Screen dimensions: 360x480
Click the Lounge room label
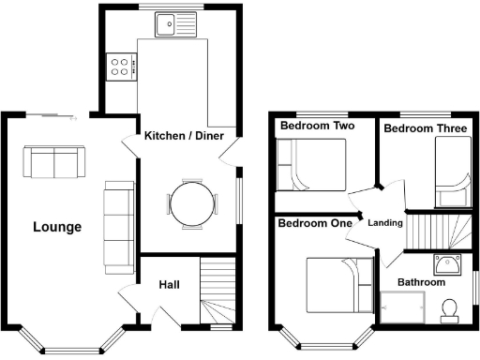coord(57,227)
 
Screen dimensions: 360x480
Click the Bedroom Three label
coord(426,128)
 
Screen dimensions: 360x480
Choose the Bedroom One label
coord(315,223)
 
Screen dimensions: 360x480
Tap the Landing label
coord(385,223)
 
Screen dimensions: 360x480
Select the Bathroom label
coord(421,281)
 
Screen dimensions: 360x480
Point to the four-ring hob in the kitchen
coord(122,66)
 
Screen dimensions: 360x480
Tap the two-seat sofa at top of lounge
coord(53,162)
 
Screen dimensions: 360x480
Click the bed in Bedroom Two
coord(312,164)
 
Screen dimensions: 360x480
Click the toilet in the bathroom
coord(449,307)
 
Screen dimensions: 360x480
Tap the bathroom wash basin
coord(445,262)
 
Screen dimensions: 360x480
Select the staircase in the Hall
coord(217,292)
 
